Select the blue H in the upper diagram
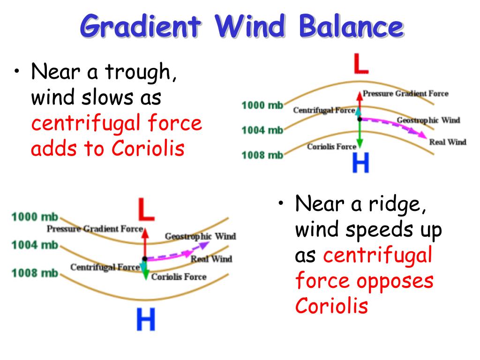360,163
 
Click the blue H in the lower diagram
146,320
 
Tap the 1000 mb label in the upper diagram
262,105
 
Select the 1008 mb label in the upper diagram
262,155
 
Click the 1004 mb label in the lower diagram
34,245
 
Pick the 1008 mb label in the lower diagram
34,273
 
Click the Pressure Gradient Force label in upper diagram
405,93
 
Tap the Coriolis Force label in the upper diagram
331,147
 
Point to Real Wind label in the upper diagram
448,142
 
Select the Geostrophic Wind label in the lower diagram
200,236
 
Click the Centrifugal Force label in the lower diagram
105,267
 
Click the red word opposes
395,281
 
